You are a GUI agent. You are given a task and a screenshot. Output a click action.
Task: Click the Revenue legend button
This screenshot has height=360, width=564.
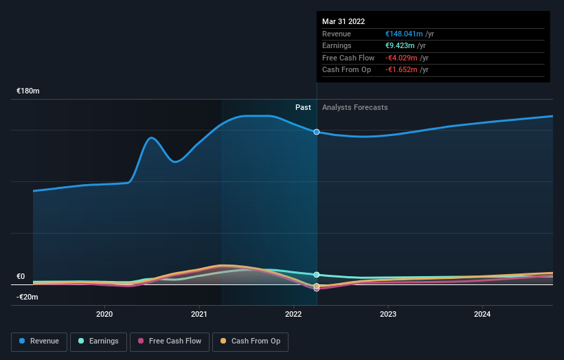39,341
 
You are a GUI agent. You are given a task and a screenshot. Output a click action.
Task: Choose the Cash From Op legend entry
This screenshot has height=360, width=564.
250,341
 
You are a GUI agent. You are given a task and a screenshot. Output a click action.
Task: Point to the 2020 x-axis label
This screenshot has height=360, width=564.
104,314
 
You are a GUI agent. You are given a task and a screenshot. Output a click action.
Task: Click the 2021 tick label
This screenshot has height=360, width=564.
199,314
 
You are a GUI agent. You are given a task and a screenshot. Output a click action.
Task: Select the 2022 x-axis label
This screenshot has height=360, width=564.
293,314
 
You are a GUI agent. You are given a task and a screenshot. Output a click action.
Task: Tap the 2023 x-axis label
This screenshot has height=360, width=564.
388,314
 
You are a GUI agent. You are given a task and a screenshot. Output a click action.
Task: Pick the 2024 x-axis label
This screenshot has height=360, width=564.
482,314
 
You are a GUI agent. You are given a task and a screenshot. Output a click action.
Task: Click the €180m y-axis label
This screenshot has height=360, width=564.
28,91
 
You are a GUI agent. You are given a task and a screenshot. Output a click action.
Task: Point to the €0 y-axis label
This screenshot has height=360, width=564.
21,276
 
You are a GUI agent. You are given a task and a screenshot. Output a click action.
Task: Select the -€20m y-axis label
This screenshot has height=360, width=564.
27,297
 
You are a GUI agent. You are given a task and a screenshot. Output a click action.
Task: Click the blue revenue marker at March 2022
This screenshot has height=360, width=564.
317,131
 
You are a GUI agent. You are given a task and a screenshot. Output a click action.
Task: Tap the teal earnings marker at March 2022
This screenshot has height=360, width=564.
317,274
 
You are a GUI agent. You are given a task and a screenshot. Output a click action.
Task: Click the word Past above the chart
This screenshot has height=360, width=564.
303,107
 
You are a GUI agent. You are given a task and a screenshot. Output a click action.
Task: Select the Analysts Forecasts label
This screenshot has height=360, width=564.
354,107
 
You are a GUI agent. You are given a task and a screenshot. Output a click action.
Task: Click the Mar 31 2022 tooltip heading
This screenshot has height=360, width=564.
343,21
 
